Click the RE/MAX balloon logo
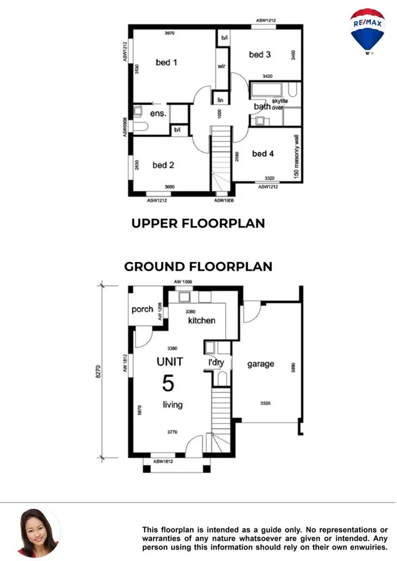coord(367,30)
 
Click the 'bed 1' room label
coord(166,62)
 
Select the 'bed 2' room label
coord(163,165)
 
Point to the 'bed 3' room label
coord(260,54)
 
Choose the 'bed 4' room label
coord(263,153)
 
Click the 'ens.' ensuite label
coord(158,113)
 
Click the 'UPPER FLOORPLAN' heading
coord(198,224)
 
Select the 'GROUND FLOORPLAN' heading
coord(198,267)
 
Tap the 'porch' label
coord(142,309)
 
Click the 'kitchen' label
coord(202,320)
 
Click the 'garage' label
coord(260,364)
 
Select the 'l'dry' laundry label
coord(215,364)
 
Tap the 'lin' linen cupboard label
coord(221,100)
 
